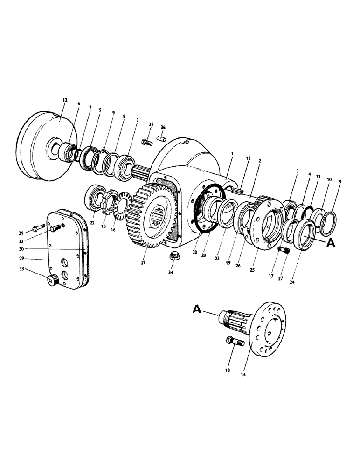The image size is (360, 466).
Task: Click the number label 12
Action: [64, 100]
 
